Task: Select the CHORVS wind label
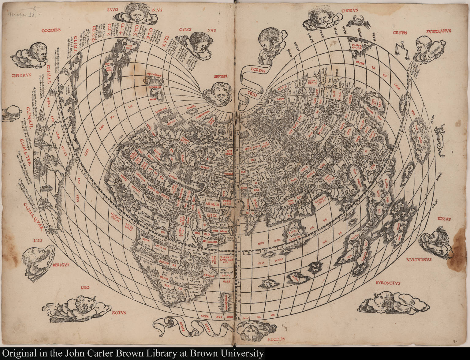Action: [350, 10]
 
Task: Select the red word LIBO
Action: [85, 287]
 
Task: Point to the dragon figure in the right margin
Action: [441, 141]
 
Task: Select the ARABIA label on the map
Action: [212, 204]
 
